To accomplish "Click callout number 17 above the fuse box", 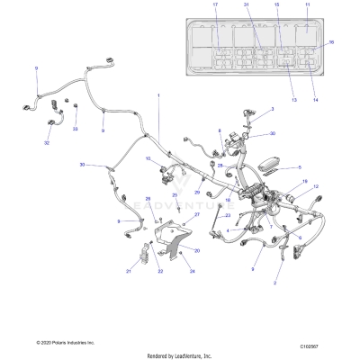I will (x=216, y=6).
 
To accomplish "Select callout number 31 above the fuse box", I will (x=246, y=6).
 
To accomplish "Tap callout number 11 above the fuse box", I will (x=307, y=6).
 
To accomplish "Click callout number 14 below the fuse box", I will (x=314, y=100).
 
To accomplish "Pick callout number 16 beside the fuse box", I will (x=331, y=42).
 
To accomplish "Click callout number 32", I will (x=47, y=142).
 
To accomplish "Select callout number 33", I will (x=76, y=130).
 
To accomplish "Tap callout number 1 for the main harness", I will (x=159, y=95).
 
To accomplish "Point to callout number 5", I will (x=300, y=167).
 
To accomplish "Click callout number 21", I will (x=129, y=270).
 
